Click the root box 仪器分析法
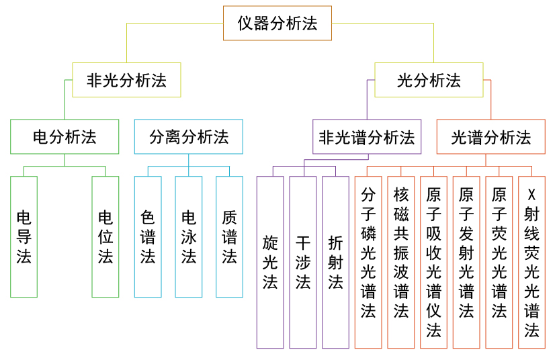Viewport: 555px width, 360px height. [277, 24]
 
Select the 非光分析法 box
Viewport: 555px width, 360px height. [126, 80]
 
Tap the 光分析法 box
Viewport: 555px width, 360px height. [429, 80]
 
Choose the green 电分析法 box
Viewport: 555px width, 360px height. [65, 136]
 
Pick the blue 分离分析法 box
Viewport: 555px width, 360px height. [189, 136]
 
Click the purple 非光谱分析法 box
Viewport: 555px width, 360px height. [367, 137]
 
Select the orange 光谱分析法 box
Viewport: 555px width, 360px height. [490, 137]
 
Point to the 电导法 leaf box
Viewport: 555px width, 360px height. [24, 236]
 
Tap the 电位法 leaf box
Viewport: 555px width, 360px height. [105, 236]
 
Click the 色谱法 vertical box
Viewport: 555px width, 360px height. [148, 236]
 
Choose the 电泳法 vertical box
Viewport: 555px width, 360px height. [189, 236]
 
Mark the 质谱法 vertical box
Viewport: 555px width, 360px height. [229, 236]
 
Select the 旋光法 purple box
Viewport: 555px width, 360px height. [270, 262]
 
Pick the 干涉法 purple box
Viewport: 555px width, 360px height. [303, 262]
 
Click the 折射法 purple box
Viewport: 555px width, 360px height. [335, 262]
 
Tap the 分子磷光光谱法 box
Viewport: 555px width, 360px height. [368, 262]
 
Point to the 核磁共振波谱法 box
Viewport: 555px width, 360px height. [401, 262]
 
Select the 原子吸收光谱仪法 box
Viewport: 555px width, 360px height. [434, 262]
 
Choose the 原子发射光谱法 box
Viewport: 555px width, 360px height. [466, 262]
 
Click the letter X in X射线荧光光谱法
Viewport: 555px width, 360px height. [532, 195]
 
